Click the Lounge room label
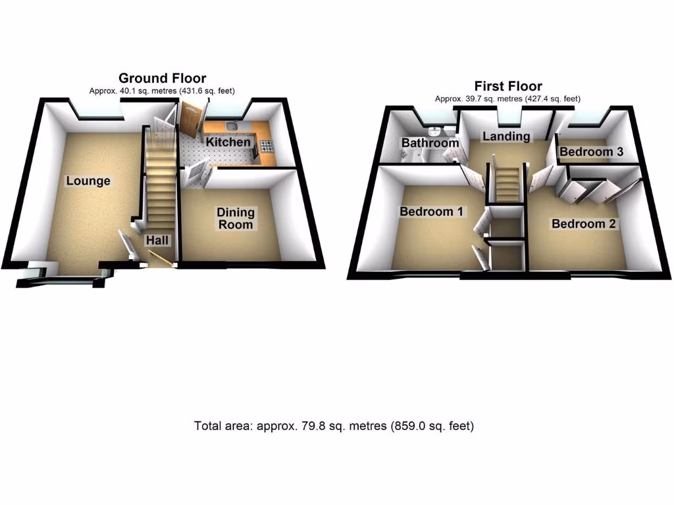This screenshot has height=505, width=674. click(88, 181)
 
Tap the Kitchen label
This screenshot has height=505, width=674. click(228, 142)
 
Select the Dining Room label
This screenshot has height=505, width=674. click(235, 218)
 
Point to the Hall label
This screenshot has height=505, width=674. click(158, 241)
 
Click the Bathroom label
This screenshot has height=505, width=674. click(430, 143)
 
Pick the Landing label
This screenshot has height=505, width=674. click(505, 136)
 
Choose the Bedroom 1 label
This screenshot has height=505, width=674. click(431, 212)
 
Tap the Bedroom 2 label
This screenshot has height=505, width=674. click(583, 224)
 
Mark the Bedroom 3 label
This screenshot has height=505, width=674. click(591, 152)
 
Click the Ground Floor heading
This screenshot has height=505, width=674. click(162, 79)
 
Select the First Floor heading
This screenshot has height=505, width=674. click(508, 86)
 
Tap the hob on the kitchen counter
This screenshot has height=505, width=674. click(267, 146)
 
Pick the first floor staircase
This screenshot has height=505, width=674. click(507, 184)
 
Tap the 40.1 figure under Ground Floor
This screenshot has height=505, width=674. click(127, 91)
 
